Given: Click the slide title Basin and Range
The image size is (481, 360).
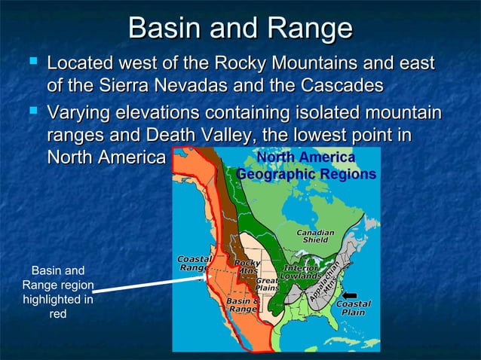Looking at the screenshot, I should pyautogui.click(x=240, y=29).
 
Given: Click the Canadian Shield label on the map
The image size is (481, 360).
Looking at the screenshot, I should pyautogui.click(x=315, y=236).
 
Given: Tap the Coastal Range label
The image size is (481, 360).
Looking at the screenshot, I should pyautogui.click(x=195, y=263).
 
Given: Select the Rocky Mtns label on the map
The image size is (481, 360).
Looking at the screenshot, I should pyautogui.click(x=247, y=267).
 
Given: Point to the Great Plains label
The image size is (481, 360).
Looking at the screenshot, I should pyautogui.click(x=267, y=284).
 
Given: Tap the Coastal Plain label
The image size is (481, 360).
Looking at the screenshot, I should pyautogui.click(x=353, y=308).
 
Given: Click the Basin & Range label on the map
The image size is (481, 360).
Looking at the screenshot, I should pyautogui.click(x=244, y=305).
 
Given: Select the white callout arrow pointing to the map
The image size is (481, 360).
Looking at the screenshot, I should pyautogui.click(x=151, y=284).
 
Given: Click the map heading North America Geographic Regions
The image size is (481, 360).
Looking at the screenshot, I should pyautogui.click(x=305, y=166).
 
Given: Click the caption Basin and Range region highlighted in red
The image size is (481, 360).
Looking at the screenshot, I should pyautogui.click(x=57, y=292).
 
